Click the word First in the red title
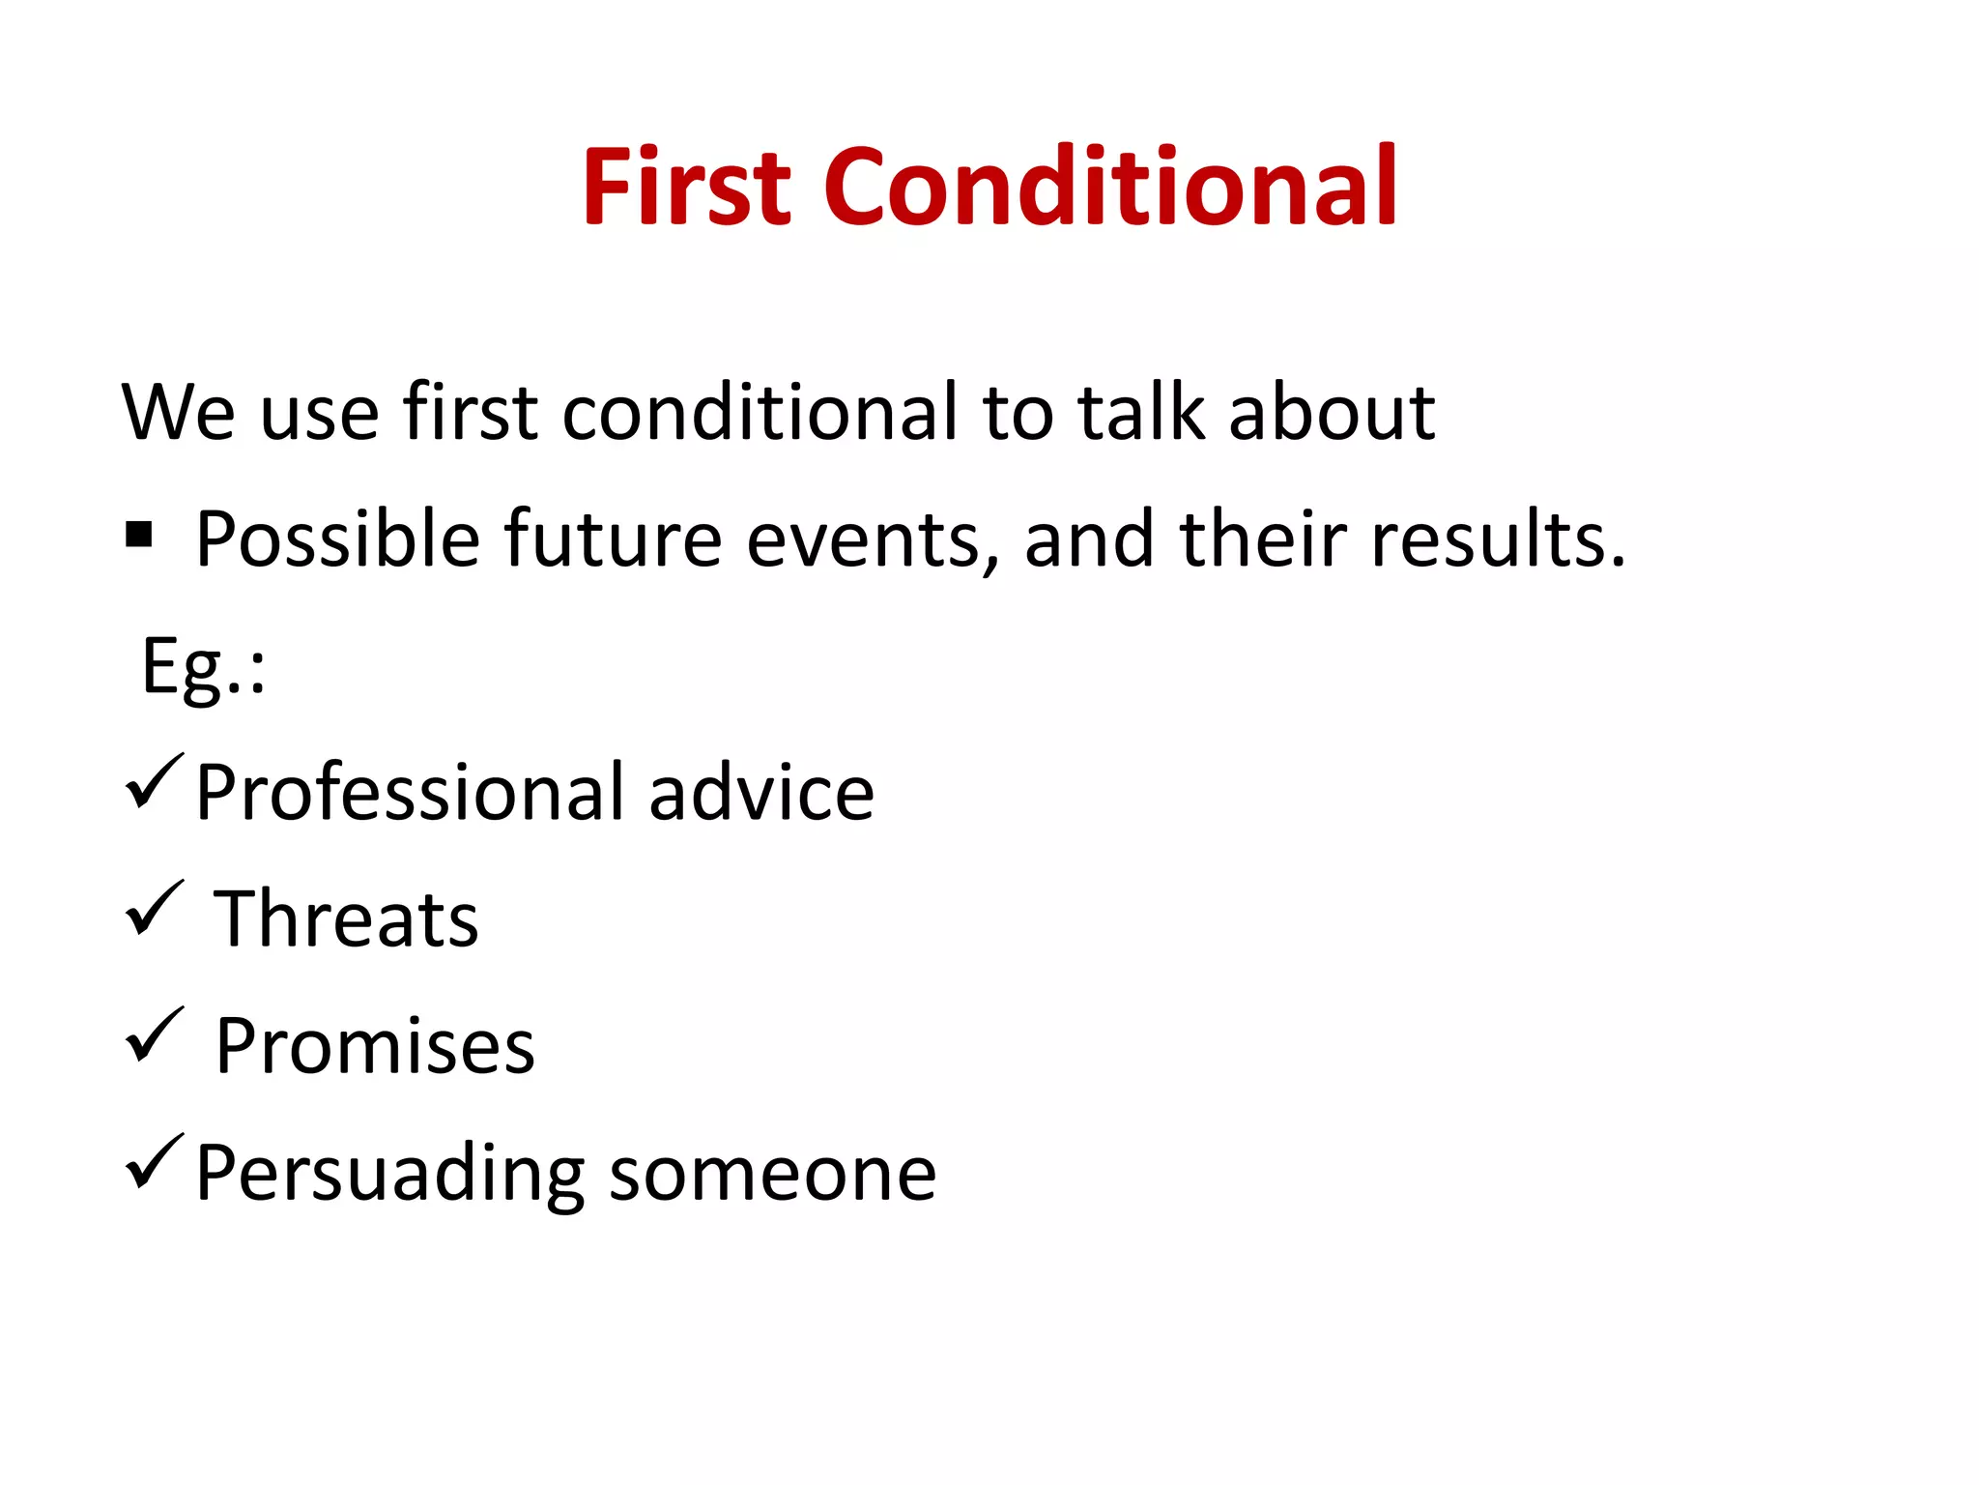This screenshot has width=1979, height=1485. [x=687, y=186]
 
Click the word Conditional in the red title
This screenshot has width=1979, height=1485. [x=1109, y=186]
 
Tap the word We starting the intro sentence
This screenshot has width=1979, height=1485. [x=178, y=413]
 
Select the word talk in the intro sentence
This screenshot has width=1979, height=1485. [x=1141, y=413]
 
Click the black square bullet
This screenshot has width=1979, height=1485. [x=139, y=534]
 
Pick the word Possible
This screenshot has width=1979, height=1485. [x=337, y=539]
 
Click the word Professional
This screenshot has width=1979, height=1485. [x=410, y=793]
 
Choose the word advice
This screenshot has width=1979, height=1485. [x=761, y=793]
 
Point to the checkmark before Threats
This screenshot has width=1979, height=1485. [x=153, y=908]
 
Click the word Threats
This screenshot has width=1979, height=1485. [x=345, y=919]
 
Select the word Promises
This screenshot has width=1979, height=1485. [x=374, y=1047]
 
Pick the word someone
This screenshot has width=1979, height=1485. [x=773, y=1174]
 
